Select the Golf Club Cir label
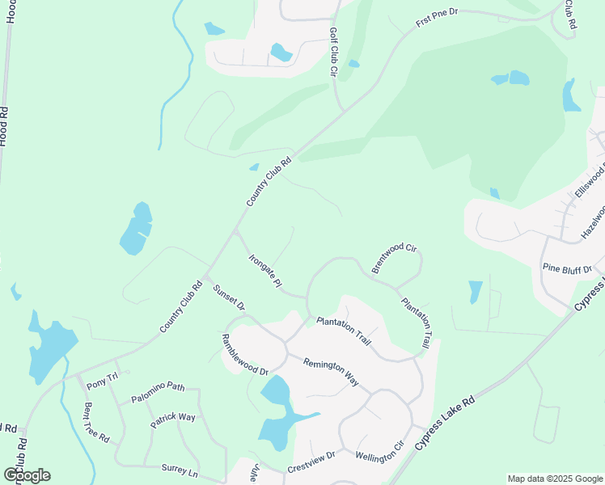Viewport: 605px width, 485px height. coord(332,52)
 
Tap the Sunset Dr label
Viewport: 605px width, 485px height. coord(228,297)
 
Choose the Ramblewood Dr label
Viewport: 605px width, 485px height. coord(245,355)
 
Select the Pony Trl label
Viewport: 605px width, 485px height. coord(102,376)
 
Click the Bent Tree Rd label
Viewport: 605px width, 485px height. coord(96,422)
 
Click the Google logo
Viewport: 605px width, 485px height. coord(27,475)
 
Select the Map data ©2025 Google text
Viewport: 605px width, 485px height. coord(554,479)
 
